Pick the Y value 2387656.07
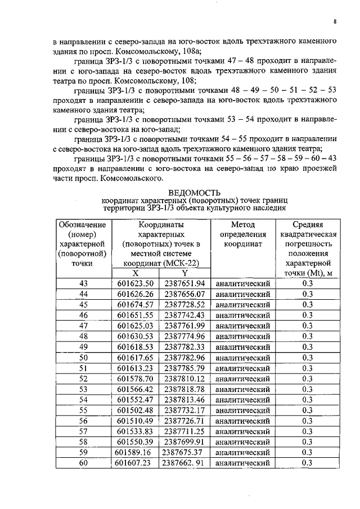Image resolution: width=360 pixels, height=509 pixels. click(184, 294)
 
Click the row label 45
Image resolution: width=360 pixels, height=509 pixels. click(84, 304)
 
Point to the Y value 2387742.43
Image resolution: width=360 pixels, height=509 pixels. click(184, 315)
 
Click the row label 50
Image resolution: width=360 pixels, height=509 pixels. click(84, 357)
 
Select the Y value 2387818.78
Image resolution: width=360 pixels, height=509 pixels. click(184, 389)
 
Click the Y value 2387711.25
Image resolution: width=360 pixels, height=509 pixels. click(184, 431)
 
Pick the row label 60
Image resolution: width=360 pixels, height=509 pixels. click(84, 463)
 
